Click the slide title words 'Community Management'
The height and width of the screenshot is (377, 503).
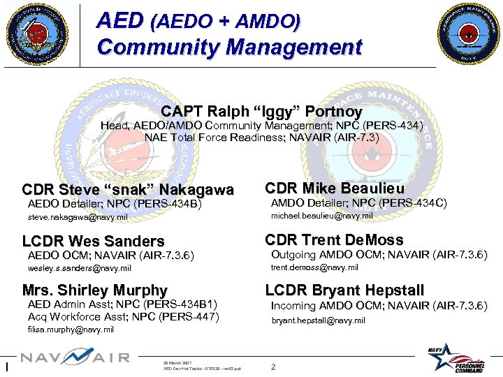pos(230,47)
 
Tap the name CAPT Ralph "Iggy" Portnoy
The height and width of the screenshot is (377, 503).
pos(261,112)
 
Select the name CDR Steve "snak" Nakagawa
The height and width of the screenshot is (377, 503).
pos(128,190)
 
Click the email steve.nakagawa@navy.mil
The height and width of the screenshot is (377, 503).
pos(78,218)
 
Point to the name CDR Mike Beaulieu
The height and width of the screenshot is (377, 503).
pos(335,188)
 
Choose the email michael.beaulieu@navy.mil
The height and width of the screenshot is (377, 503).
pos(321,216)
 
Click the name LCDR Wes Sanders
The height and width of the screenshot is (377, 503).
pos(94,242)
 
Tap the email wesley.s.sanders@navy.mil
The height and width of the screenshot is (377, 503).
pos(79,268)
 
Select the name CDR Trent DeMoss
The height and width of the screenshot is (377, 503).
pos(334,240)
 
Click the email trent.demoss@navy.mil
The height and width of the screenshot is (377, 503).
pos(314,267)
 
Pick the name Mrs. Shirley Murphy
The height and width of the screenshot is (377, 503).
pos(95,290)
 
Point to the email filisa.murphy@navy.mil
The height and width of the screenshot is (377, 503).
pos(71,330)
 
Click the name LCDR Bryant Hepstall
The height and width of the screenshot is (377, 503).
pos(344,290)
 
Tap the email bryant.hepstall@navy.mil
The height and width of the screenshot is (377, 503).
pos(318,320)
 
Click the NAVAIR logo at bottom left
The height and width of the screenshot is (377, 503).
pos(75,358)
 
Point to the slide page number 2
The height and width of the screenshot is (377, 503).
pos(273,367)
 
